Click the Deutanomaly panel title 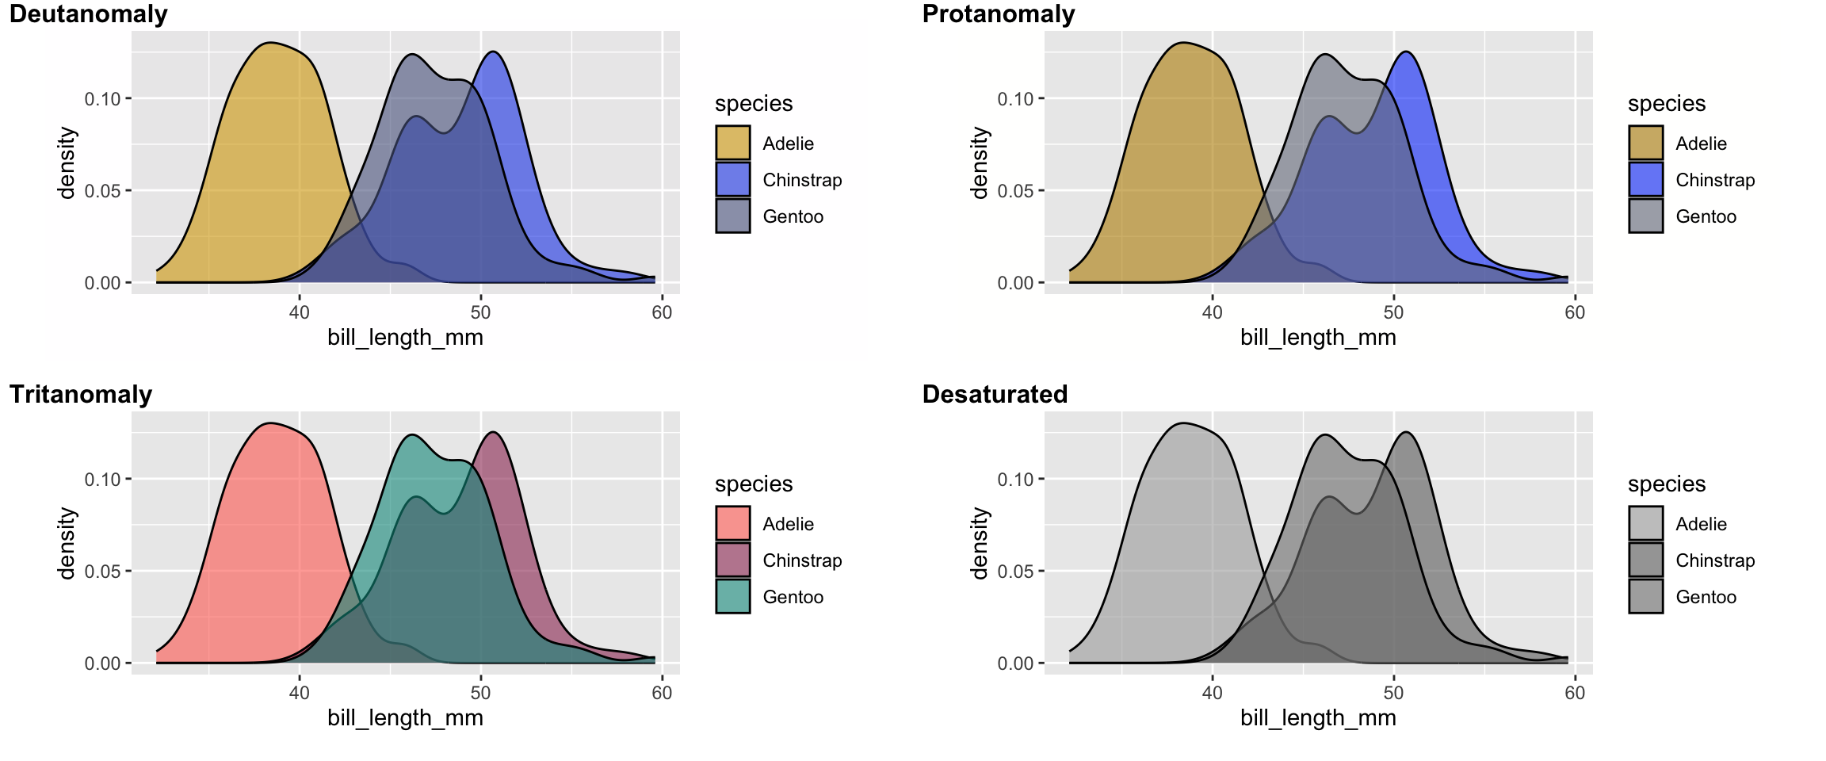[88, 14]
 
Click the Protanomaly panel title [998, 14]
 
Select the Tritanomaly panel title [80, 395]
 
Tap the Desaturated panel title [995, 395]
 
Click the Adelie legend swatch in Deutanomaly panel [732, 143]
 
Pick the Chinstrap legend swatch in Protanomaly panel [1645, 179]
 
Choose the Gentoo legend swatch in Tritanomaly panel [732, 596]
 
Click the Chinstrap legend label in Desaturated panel [1714, 560]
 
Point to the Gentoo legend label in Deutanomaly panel [793, 216]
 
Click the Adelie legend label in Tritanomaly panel [788, 524]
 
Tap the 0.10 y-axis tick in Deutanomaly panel [102, 99]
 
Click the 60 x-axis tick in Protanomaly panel [1575, 312]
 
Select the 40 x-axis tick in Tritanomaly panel [300, 693]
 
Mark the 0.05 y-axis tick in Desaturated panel [1015, 572]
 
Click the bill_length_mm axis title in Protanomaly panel [1318, 338]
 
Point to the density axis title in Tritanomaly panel [67, 544]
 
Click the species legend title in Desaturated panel [1666, 484]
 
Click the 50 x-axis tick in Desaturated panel [1393, 693]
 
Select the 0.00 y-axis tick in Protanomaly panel [1015, 283]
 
